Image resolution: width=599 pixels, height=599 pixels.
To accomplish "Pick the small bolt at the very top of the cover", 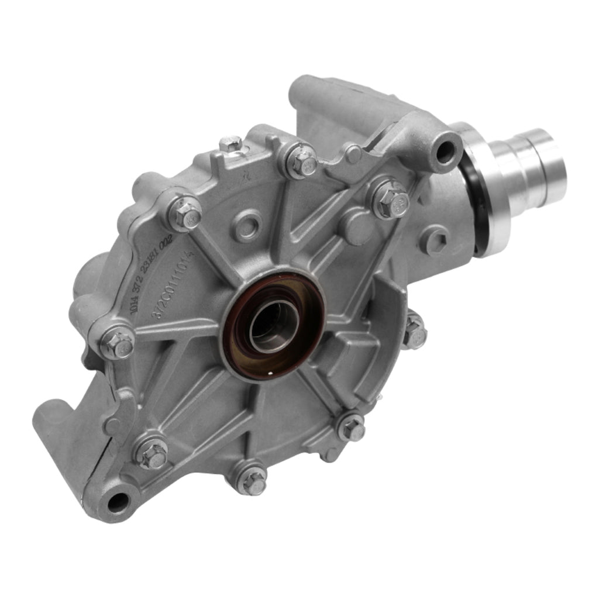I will (232, 144).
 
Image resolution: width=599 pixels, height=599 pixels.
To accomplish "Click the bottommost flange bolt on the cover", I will (253, 481).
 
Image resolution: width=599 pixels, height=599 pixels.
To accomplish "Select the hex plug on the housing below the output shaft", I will (436, 240).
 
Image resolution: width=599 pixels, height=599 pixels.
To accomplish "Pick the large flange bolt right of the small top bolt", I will (302, 161).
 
